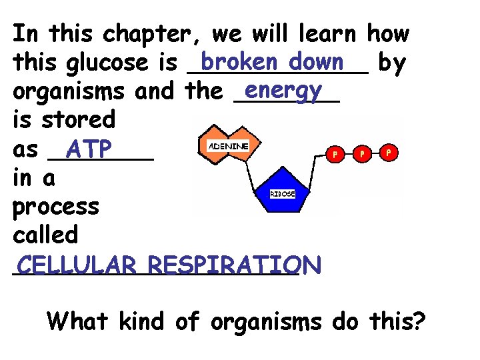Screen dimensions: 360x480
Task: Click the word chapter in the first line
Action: coord(156,34)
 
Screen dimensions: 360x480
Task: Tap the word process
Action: coord(56,207)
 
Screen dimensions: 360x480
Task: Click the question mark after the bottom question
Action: coord(419,321)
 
